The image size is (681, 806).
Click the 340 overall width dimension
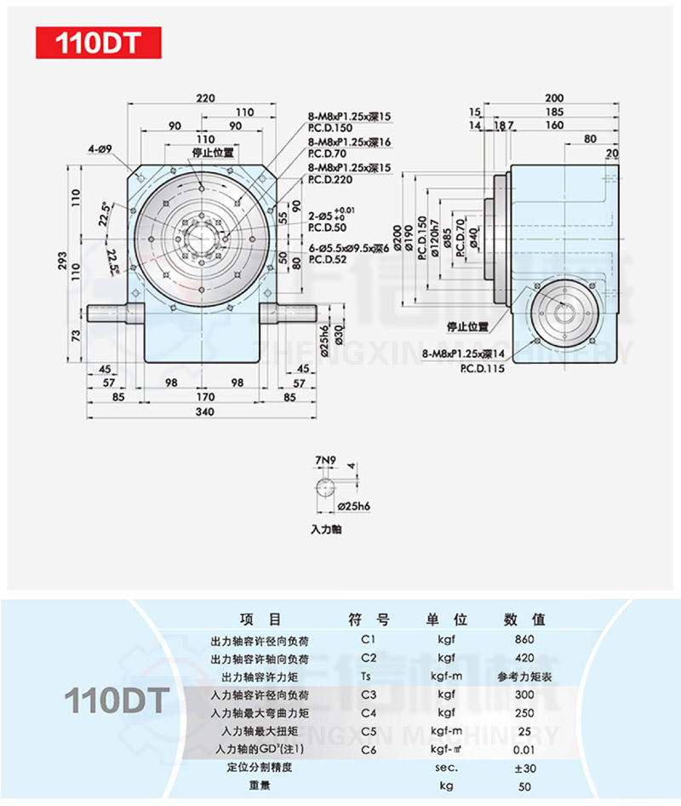click(x=204, y=412)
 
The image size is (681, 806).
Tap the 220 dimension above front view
click(x=204, y=98)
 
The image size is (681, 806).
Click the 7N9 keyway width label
click(x=324, y=461)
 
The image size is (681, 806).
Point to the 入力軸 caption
click(x=324, y=529)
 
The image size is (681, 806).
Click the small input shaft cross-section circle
click(x=325, y=489)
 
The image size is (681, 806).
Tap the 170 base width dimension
click(x=204, y=396)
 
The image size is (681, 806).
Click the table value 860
click(x=525, y=639)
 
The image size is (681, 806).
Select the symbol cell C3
click(x=368, y=694)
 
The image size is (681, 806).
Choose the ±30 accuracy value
click(x=525, y=768)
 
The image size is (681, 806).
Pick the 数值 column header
click(x=524, y=619)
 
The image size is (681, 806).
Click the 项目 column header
click(x=260, y=619)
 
